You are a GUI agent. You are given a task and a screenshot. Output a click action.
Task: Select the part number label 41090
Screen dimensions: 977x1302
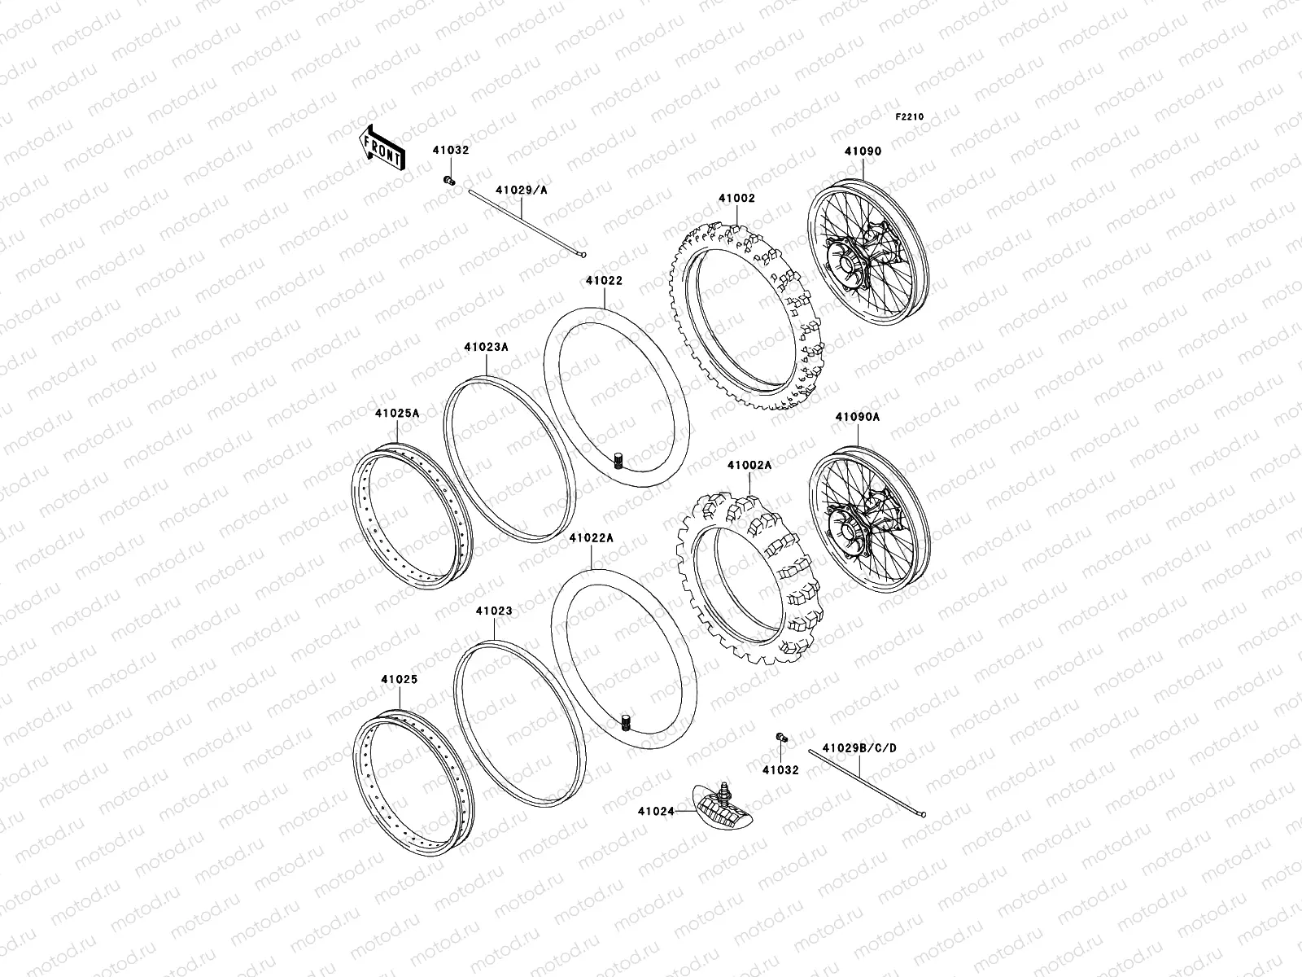click(863, 151)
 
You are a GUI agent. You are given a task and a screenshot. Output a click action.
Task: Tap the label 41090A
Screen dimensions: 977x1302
click(857, 417)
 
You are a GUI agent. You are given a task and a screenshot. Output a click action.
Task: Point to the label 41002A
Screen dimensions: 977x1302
click(749, 466)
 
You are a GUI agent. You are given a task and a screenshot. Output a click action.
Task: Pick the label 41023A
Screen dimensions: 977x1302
click(487, 347)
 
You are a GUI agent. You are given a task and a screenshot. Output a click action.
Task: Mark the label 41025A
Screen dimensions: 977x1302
click(397, 413)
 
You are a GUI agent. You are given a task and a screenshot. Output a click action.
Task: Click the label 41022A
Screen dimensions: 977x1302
click(592, 538)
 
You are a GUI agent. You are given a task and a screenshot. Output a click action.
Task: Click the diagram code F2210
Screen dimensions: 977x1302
click(911, 117)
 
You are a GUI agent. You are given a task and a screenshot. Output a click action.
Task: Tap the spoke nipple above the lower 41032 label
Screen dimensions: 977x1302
click(781, 737)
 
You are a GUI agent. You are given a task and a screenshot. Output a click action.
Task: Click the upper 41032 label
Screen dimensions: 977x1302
click(451, 151)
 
